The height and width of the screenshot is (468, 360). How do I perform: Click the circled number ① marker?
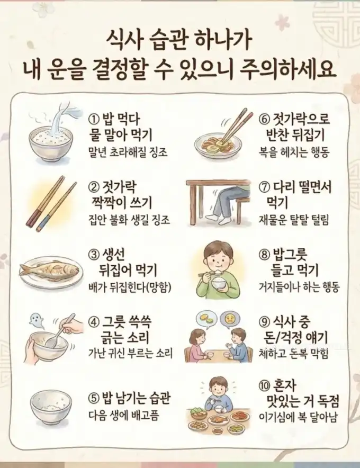(94, 120)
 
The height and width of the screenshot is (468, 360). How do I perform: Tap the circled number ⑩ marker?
(264, 385)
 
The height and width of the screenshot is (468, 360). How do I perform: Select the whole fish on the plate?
(50, 270)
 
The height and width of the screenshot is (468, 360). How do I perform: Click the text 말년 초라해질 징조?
(128, 152)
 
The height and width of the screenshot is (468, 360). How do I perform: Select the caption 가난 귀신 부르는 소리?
(130, 354)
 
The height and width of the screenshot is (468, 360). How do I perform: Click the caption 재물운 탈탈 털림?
(294, 220)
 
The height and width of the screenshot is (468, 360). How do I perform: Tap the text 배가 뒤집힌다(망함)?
(130, 287)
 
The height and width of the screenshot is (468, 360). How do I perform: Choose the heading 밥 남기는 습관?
(137, 398)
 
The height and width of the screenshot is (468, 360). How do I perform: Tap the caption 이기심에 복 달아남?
(298, 417)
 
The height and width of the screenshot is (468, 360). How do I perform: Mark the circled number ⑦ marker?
(264, 187)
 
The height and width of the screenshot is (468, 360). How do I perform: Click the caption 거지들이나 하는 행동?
(299, 287)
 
